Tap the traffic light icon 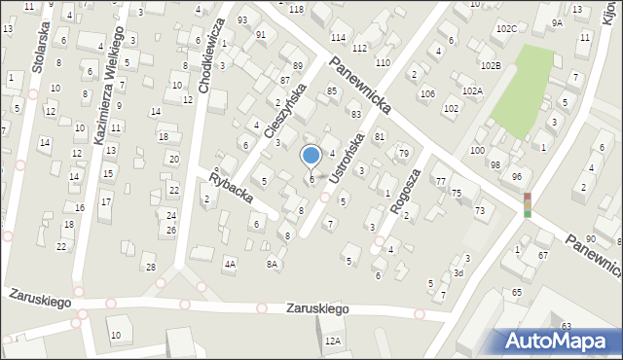pos(528,204)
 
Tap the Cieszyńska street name pos(287,110)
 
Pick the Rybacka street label pos(230,183)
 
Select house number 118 pos(296,9)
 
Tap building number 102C pos(506,29)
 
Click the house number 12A pos(334,341)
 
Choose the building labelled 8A pos(273,264)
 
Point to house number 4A pos(230,264)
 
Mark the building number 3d pos(458,273)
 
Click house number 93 pos(242,20)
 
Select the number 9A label pos(557,22)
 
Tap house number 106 pos(427,93)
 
